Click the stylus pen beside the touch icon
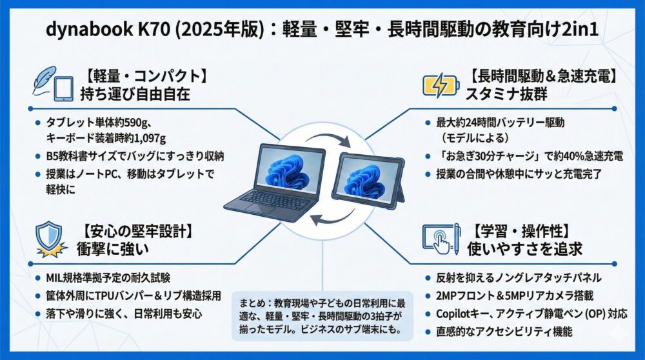457,239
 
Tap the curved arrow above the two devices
328,139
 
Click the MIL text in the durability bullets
54,277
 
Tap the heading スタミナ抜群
506,94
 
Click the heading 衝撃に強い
113,249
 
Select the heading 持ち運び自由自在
135,94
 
